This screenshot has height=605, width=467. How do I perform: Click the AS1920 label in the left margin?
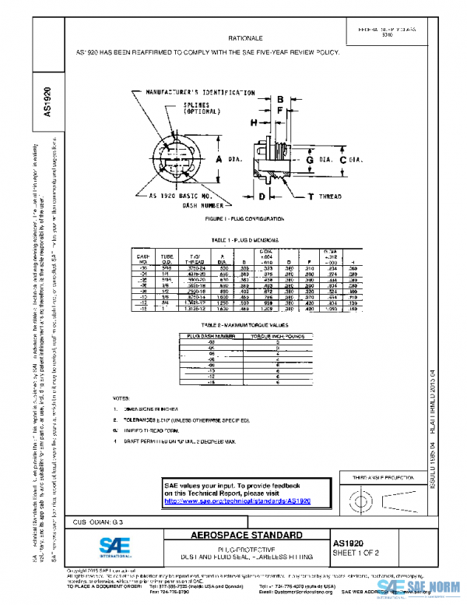point(47,102)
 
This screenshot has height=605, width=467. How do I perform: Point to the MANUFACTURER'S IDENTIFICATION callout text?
point(202,92)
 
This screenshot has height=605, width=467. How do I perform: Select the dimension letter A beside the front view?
point(219,159)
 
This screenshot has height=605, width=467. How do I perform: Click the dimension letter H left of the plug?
point(254,123)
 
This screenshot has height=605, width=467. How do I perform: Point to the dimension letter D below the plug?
point(262,196)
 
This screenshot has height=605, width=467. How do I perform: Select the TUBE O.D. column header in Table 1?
point(167,258)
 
